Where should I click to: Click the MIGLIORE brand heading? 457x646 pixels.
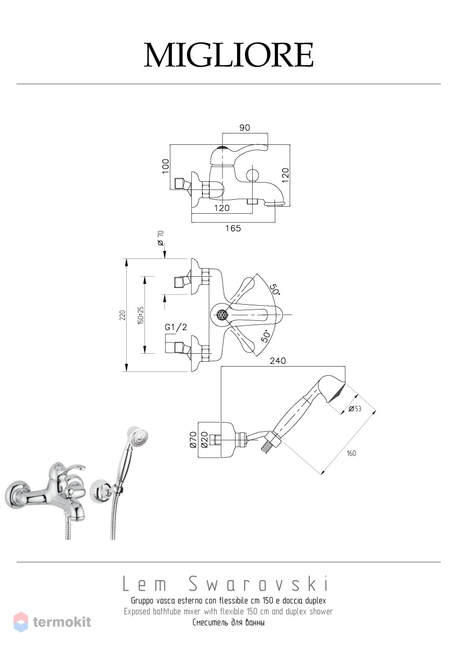coord(228,55)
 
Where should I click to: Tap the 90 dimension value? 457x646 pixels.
coord(245,128)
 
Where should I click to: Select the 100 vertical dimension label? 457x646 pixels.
coord(165,166)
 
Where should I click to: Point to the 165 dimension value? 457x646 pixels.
coord(233,228)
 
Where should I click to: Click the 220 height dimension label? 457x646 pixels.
coord(123,315)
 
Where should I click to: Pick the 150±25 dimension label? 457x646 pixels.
coord(141,315)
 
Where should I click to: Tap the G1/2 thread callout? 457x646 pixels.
coord(176,327)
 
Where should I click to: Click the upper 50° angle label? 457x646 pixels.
coord(274,289)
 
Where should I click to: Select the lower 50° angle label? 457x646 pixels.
coord(266,336)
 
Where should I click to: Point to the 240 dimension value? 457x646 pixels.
coord(278,361)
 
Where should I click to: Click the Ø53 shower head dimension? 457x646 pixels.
coord(355,409)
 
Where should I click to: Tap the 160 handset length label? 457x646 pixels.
coord(351,453)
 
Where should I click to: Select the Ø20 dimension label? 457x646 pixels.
coord(204,440)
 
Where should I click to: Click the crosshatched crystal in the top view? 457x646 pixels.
coord(221,314)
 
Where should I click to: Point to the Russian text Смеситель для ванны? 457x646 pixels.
coord(228,622)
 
